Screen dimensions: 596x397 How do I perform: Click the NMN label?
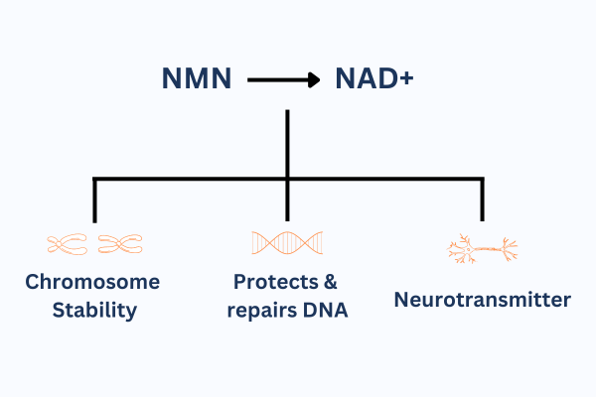tap(197, 78)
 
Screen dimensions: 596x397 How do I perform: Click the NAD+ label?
tap(374, 78)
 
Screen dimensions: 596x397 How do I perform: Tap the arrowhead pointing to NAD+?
tap(314, 79)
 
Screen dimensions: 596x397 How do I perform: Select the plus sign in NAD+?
tap(406, 78)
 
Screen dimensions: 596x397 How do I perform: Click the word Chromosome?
tap(92, 282)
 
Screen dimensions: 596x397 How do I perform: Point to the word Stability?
tap(94, 311)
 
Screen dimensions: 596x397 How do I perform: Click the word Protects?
tap(275, 282)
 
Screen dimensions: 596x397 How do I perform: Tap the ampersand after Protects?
tap(331, 282)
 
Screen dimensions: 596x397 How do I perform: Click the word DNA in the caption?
tap(326, 310)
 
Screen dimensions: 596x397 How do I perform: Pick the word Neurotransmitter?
tap(483, 300)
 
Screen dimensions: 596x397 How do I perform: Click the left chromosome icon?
tap(67, 244)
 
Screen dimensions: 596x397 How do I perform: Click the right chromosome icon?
tap(120, 244)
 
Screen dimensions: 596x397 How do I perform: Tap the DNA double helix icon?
tap(287, 242)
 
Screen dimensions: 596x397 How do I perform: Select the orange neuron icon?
tap(483, 249)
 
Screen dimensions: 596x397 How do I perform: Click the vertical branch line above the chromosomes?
tap(94, 199)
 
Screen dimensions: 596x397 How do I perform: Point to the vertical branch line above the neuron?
tap(483, 199)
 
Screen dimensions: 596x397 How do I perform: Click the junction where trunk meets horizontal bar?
tap(287, 179)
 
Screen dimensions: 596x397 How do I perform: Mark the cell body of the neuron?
tap(468, 249)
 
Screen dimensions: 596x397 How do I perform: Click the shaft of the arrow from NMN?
tap(278, 79)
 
